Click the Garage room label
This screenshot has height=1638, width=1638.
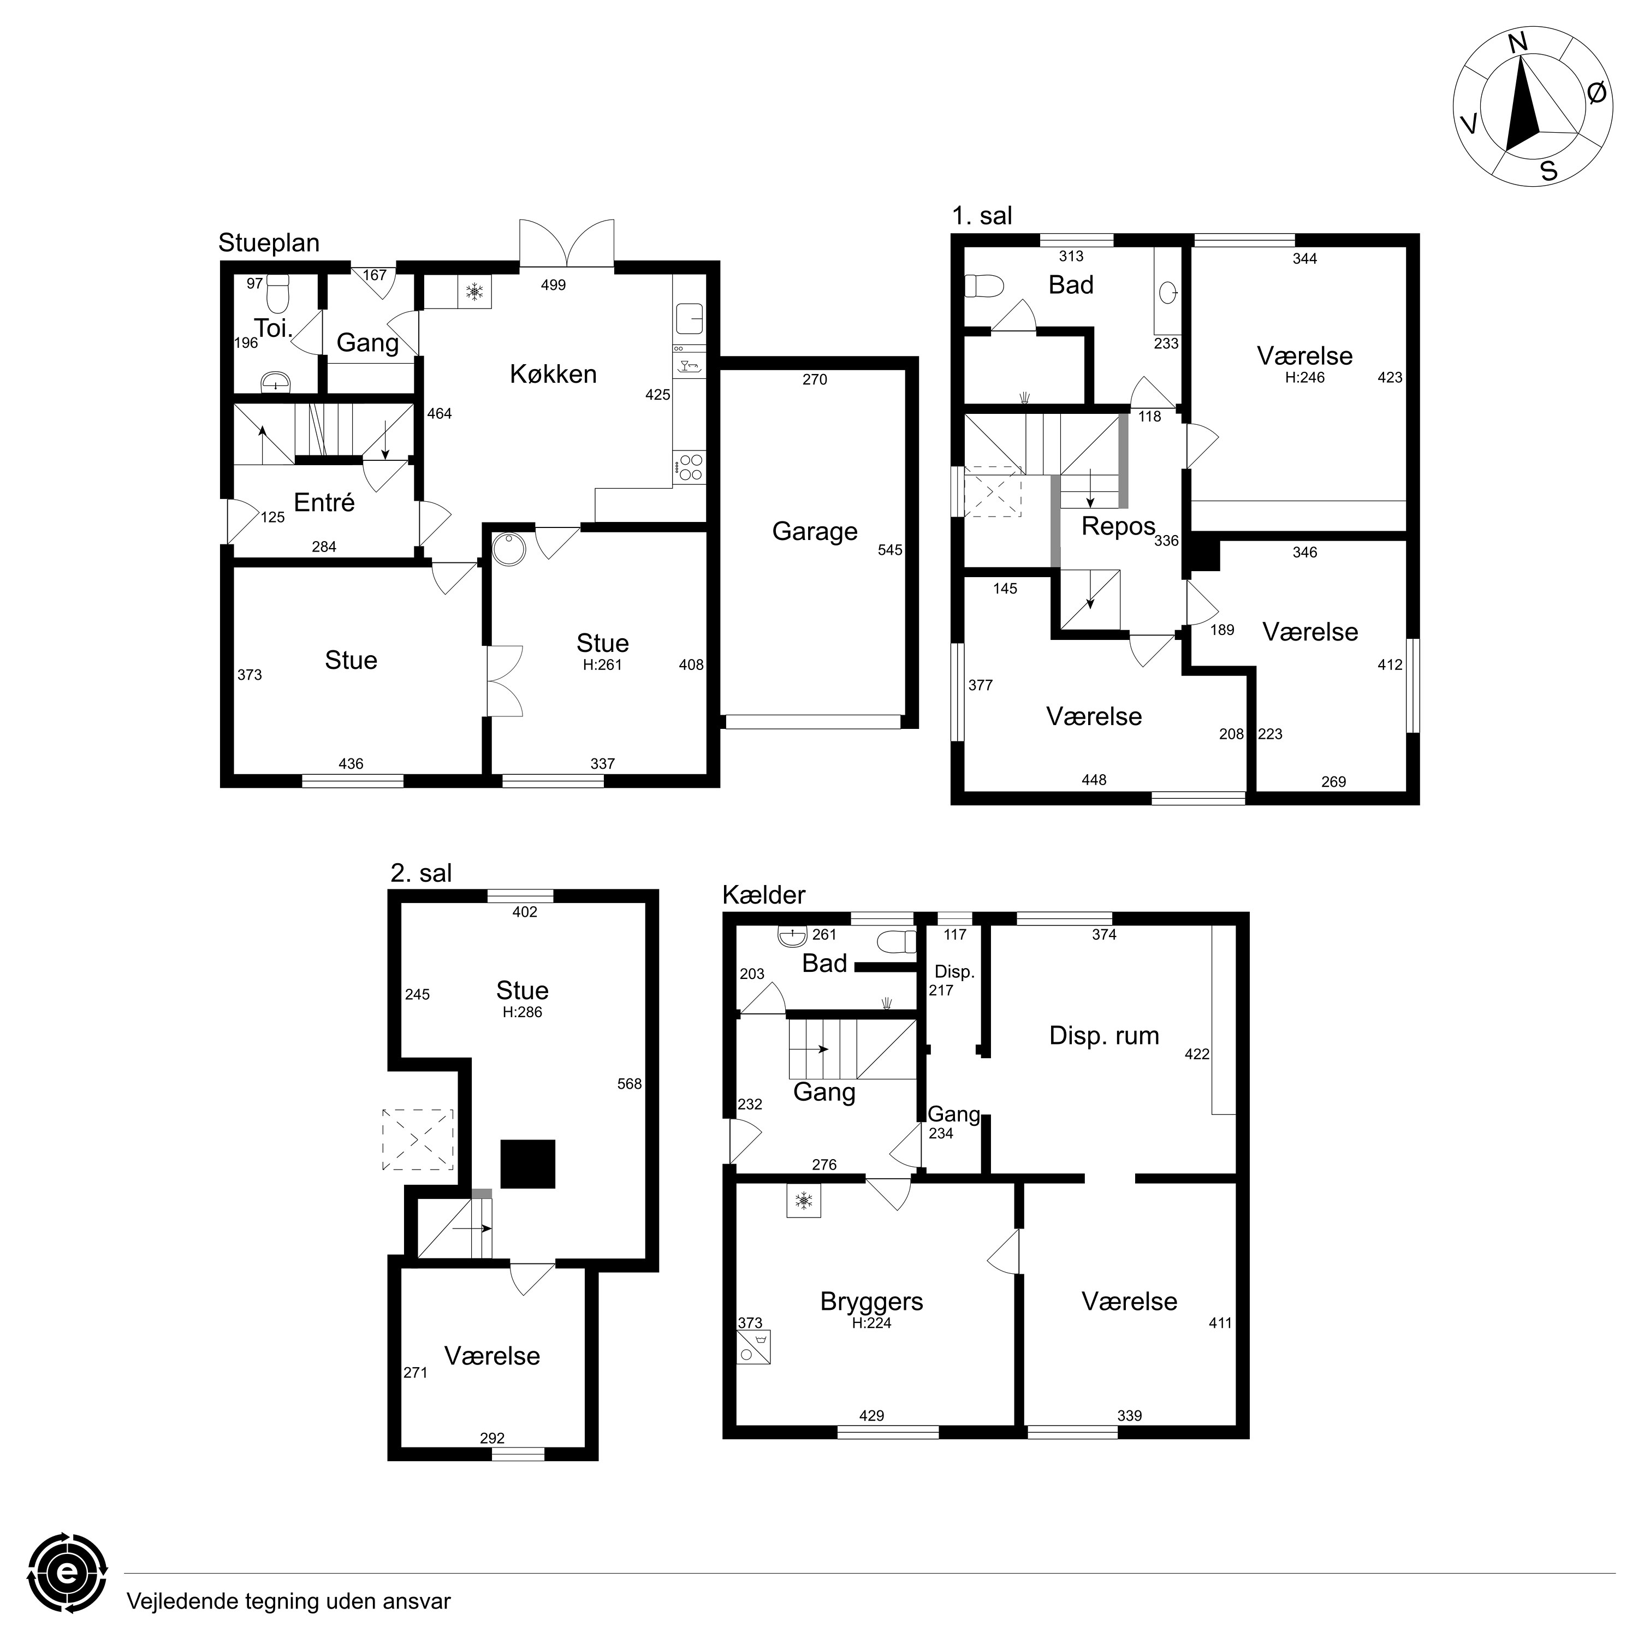coord(815,532)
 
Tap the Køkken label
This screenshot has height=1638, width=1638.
coord(553,374)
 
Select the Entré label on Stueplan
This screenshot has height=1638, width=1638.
coord(324,503)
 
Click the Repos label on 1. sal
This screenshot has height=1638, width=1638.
coord(1118,526)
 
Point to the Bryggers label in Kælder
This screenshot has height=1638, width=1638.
coord(871,1302)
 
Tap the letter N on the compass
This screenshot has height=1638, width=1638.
coord(1518,66)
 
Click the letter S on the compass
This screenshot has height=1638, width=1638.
coord(1548,171)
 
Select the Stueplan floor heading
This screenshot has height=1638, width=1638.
coord(269,244)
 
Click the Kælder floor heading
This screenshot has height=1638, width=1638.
coord(764,895)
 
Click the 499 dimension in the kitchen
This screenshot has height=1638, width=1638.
coord(553,285)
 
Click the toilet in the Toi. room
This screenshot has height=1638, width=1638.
coord(278,293)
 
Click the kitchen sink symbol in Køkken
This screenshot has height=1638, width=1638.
coord(689,319)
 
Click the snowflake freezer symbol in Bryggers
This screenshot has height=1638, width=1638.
coord(803,1200)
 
